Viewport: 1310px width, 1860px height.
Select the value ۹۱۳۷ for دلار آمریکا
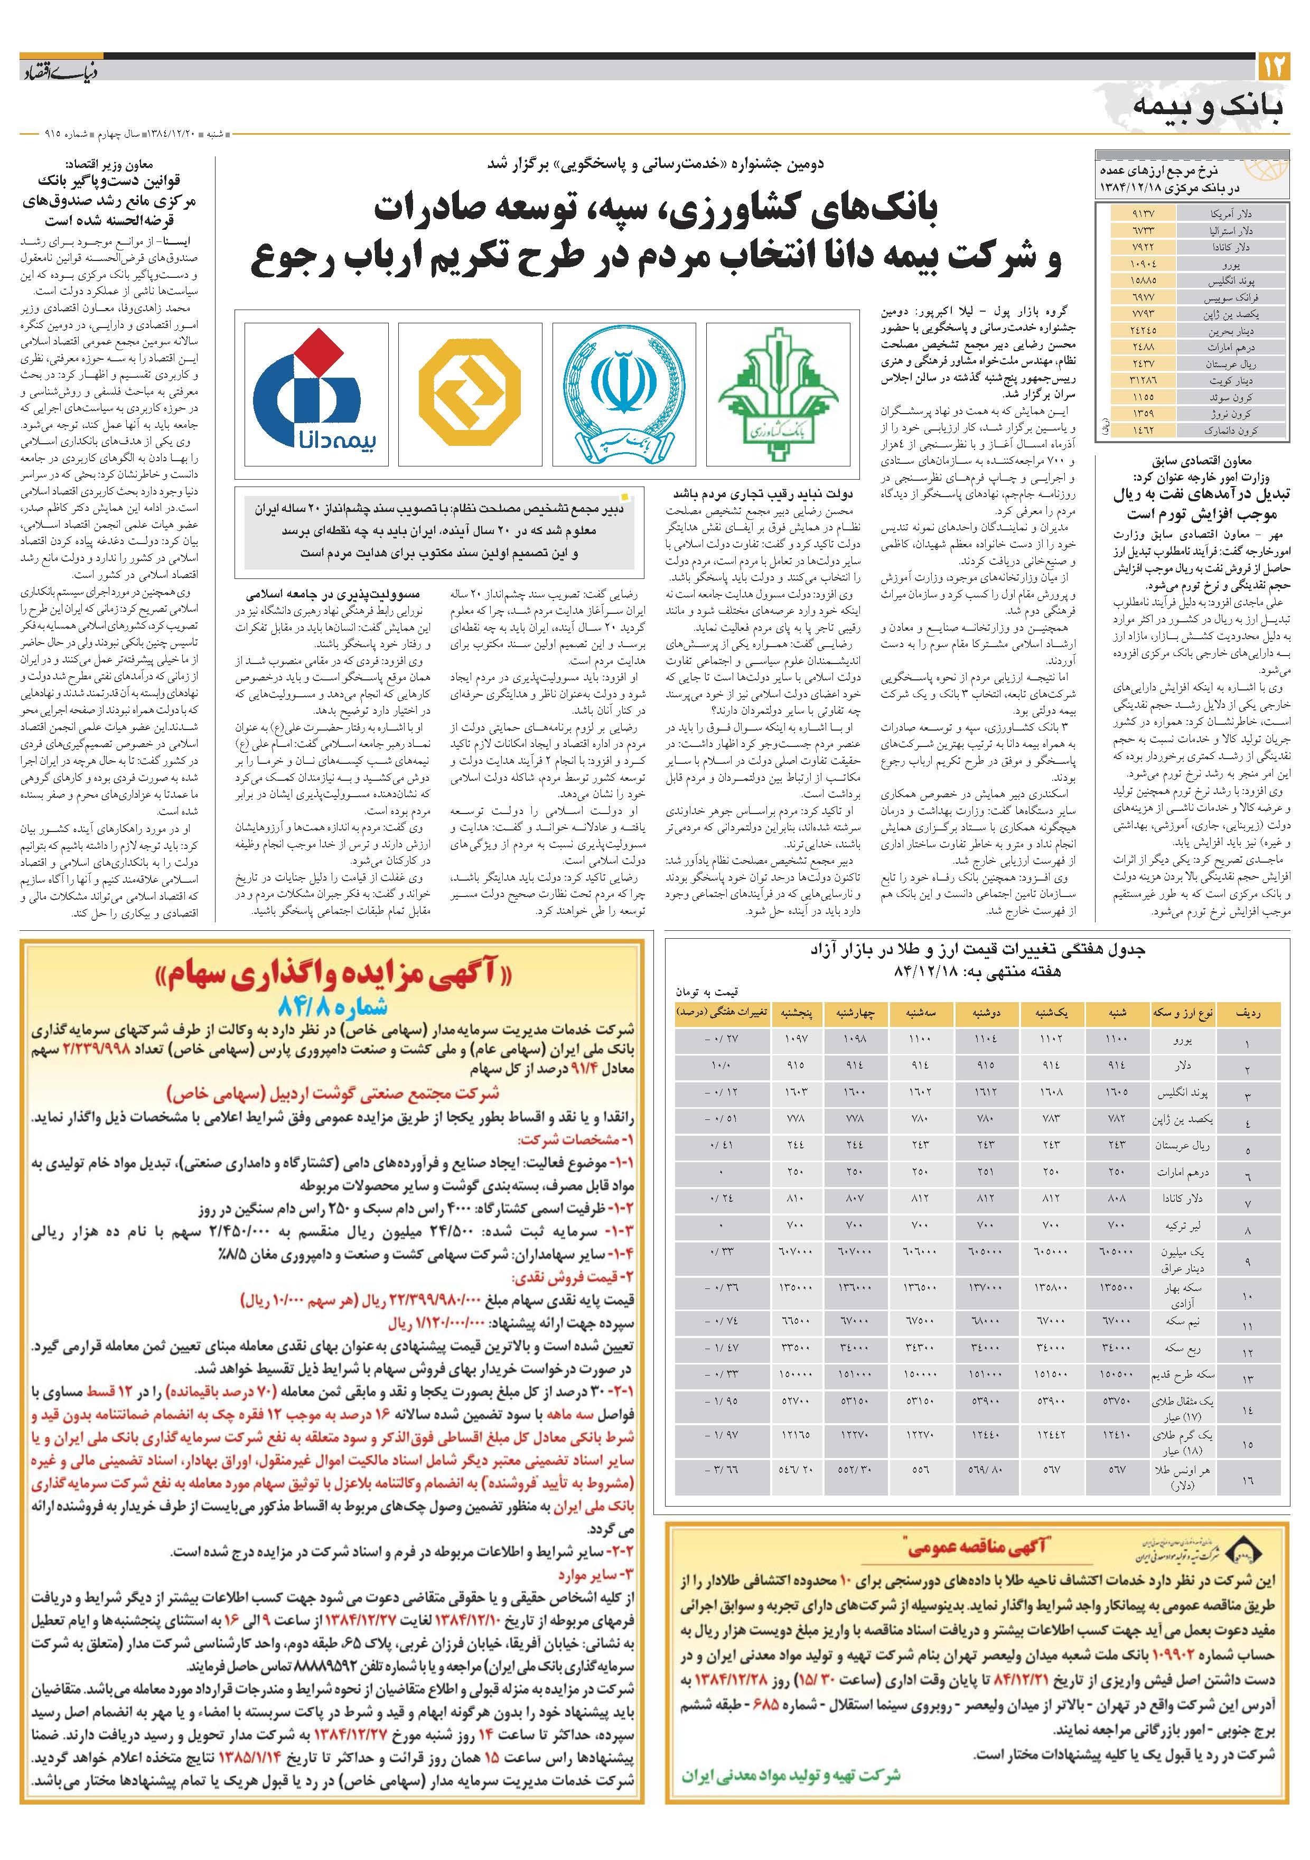1143,214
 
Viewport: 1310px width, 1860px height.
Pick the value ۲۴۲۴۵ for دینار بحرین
1143,331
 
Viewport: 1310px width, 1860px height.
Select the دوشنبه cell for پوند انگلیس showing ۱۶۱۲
987,1093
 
